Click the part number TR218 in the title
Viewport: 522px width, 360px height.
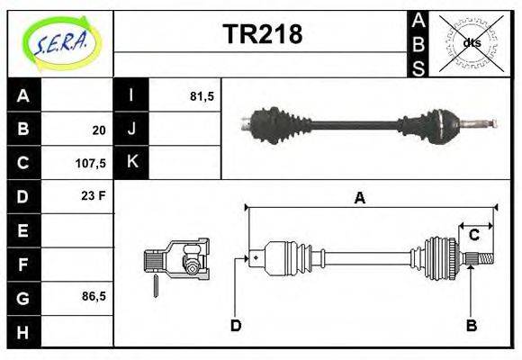click(x=262, y=34)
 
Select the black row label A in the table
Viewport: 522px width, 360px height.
click(x=23, y=96)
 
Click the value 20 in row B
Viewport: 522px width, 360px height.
click(x=98, y=130)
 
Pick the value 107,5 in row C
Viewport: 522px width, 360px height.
click(x=92, y=164)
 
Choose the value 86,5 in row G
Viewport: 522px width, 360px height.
click(x=93, y=296)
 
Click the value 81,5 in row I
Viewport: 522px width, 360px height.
click(x=202, y=96)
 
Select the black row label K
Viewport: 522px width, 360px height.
click(x=131, y=163)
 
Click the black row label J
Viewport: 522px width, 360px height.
click(x=131, y=130)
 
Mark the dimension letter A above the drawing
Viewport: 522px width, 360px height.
click(x=359, y=199)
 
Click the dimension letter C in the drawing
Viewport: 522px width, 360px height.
click(x=473, y=235)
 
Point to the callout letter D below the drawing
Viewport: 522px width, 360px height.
click(x=236, y=325)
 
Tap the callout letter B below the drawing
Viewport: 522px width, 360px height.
click(x=471, y=325)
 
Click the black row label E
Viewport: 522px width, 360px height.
click(x=23, y=230)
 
